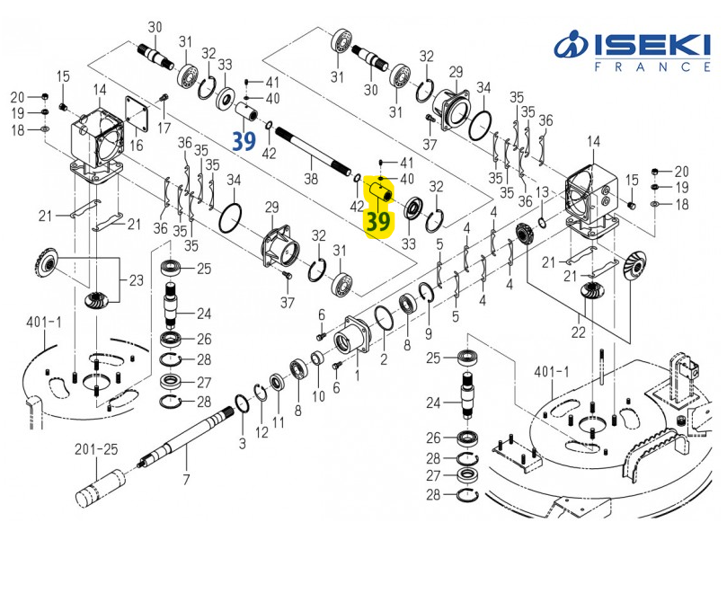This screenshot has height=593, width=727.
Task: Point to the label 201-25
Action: tap(97, 449)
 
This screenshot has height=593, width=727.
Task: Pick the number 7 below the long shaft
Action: tap(186, 480)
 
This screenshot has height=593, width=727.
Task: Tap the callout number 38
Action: tap(311, 179)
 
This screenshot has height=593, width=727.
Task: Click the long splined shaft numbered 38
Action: tap(315, 152)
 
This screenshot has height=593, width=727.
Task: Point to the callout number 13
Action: tap(542, 192)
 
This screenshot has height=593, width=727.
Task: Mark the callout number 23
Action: tap(136, 281)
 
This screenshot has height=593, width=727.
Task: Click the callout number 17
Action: tap(164, 128)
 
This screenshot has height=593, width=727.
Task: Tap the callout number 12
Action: tap(262, 432)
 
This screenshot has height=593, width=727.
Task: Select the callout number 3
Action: tap(241, 444)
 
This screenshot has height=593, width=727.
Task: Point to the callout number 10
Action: tap(318, 396)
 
